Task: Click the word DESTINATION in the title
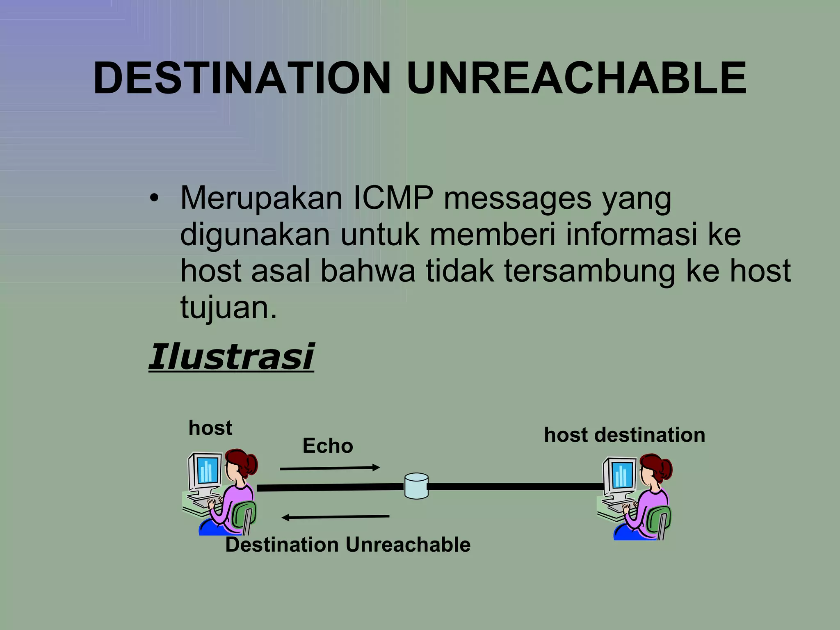coord(242,78)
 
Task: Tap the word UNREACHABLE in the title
coord(576,78)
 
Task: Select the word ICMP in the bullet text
coord(393,199)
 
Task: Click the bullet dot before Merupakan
coord(153,199)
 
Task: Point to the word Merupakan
coord(261,199)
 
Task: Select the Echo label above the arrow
coord(327,446)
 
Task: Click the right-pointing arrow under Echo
coord(330,468)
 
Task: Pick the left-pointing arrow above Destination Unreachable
coord(336,517)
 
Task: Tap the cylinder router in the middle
coord(416,486)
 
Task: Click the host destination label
coord(624,435)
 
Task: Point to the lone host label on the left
coord(210,428)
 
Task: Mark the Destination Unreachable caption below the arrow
coord(348,545)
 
